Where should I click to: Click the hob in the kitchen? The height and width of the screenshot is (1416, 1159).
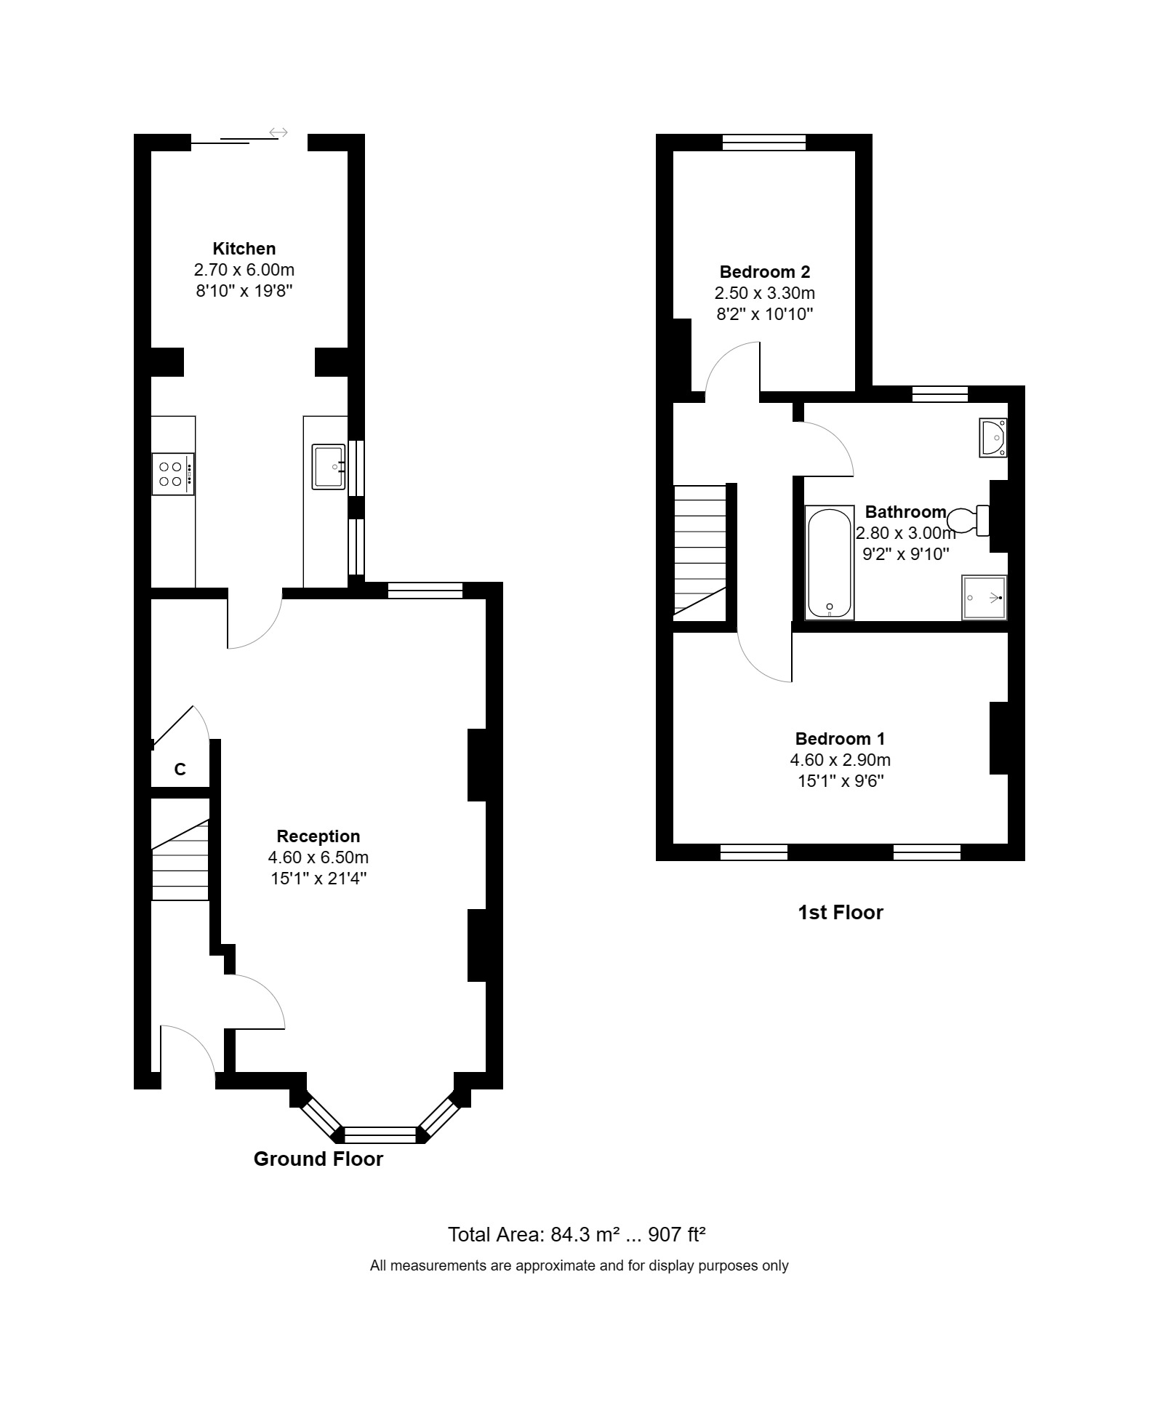tap(173, 474)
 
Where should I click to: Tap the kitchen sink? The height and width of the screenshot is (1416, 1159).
tap(329, 467)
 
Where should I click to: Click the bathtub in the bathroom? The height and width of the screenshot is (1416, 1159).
tap(829, 563)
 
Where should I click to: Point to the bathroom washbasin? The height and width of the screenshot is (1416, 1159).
tap(992, 437)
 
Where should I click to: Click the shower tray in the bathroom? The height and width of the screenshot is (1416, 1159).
tap(984, 598)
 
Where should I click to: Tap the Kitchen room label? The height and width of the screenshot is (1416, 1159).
tap(244, 249)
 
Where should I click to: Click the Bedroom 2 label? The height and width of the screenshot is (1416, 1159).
tap(764, 272)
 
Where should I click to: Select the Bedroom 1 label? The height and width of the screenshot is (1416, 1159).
tap(840, 739)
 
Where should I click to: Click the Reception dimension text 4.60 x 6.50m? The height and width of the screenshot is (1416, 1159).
tap(318, 857)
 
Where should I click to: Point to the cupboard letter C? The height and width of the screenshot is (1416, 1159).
tap(180, 769)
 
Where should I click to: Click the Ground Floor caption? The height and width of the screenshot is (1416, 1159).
tap(318, 1159)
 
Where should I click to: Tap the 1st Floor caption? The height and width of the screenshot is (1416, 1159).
tap(840, 913)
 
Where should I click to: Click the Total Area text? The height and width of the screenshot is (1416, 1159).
tap(577, 1234)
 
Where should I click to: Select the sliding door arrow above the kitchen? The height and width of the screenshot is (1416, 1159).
tap(278, 132)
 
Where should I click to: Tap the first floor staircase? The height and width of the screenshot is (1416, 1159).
tap(699, 549)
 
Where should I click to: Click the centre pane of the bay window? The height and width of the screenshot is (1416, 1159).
tap(380, 1134)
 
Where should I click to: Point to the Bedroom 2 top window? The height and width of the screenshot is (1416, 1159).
tap(764, 143)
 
